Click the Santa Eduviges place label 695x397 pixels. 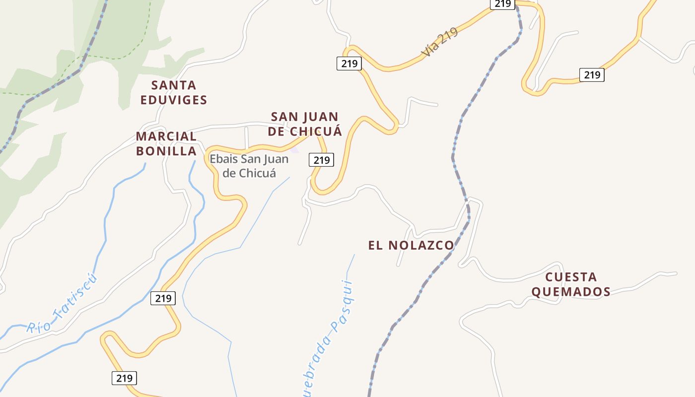(173, 92)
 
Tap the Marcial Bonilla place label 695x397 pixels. (166, 143)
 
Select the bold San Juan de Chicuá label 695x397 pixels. (305, 124)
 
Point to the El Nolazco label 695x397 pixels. (411, 245)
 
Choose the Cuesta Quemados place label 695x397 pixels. (571, 284)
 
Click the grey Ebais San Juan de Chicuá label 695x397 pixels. (249, 166)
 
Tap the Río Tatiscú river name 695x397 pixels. (63, 304)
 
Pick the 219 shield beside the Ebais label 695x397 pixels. (321, 160)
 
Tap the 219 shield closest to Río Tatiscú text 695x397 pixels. (163, 298)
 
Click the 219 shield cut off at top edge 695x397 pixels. (503, 4)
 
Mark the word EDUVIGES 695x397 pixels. (173, 100)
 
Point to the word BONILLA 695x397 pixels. (166, 151)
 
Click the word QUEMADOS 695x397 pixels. (571, 292)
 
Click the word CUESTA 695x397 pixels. (571, 277)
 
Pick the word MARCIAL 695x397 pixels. (166, 136)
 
